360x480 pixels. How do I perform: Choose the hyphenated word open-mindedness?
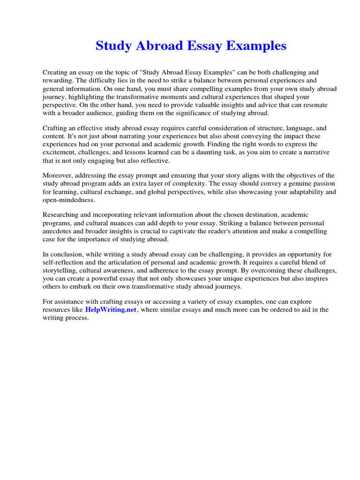tap(68, 200)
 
